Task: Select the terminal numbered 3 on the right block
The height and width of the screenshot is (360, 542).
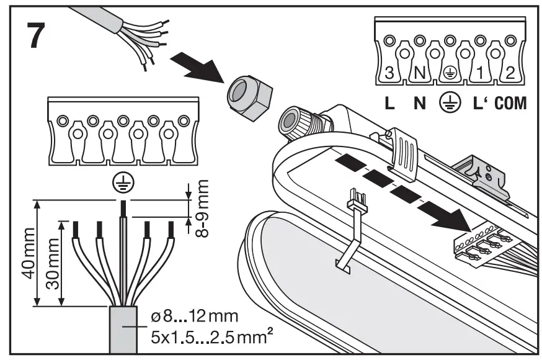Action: pyautogui.click(x=389, y=73)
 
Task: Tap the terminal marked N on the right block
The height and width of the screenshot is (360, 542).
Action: pyautogui.click(x=420, y=73)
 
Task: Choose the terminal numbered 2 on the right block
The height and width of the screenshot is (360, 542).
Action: pyautogui.click(x=510, y=73)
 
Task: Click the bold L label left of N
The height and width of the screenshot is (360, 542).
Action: pyautogui.click(x=389, y=103)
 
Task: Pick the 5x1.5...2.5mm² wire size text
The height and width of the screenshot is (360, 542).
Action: pyautogui.click(x=202, y=338)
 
